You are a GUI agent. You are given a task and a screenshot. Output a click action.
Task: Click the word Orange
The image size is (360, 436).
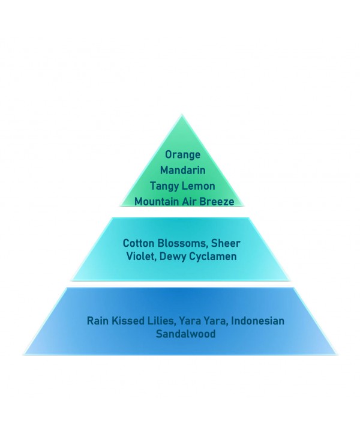click(182, 154)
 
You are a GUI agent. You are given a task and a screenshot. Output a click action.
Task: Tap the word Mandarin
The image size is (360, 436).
click(183, 170)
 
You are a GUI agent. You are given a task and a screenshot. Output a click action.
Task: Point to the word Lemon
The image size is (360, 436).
click(199, 186)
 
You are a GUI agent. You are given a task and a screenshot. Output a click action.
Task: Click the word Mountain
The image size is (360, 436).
click(157, 201)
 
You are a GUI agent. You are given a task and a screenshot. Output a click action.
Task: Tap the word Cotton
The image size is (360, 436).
click(139, 243)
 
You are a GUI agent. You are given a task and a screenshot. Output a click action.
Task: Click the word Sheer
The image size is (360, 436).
click(226, 243)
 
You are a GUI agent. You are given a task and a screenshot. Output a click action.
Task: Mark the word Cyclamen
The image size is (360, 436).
click(213, 256)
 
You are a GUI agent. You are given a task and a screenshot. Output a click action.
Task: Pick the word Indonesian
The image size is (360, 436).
click(257, 321)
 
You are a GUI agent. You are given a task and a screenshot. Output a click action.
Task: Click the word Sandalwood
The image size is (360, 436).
click(185, 333)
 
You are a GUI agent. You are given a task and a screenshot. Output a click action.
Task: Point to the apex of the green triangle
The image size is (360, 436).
click(182, 114)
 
